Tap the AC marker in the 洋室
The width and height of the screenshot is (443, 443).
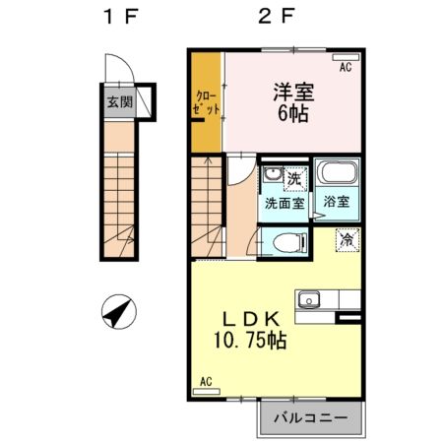[x=346, y=68]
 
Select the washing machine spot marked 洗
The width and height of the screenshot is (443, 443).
[x=292, y=178]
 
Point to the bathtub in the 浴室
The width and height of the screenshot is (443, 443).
[x=337, y=176]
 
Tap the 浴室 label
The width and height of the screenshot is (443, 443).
[x=337, y=202]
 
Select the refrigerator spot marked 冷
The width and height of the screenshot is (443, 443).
[x=347, y=238]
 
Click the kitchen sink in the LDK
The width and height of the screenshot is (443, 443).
[x=313, y=296]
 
